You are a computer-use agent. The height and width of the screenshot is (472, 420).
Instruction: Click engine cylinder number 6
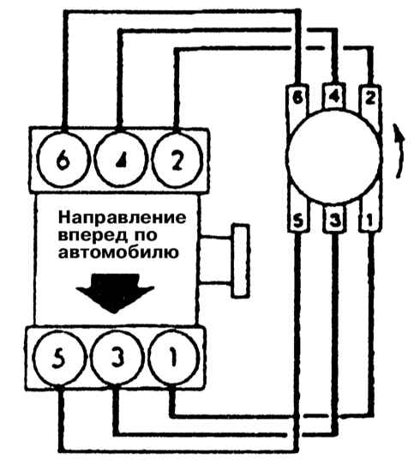point(63,160)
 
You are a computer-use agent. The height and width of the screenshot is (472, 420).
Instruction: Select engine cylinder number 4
point(121,160)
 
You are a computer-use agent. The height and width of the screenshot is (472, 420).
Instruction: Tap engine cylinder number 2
point(177,160)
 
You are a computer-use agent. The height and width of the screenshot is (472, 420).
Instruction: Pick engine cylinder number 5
point(59,358)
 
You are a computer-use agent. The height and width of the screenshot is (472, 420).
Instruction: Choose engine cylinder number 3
point(117,358)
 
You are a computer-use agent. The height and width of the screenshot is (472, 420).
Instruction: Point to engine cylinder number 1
point(173,358)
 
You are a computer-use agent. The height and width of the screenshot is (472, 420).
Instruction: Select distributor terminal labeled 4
point(334,96)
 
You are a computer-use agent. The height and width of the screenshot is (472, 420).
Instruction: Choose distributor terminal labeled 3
point(334,219)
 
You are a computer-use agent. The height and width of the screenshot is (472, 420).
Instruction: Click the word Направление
point(122,218)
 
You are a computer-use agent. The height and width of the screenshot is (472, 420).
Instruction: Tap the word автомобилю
point(118,253)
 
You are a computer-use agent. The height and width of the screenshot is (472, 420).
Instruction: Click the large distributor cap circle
point(334,156)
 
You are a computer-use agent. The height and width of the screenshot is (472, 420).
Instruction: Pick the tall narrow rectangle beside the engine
point(241,261)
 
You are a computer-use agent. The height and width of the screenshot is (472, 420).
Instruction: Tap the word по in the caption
point(144,235)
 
